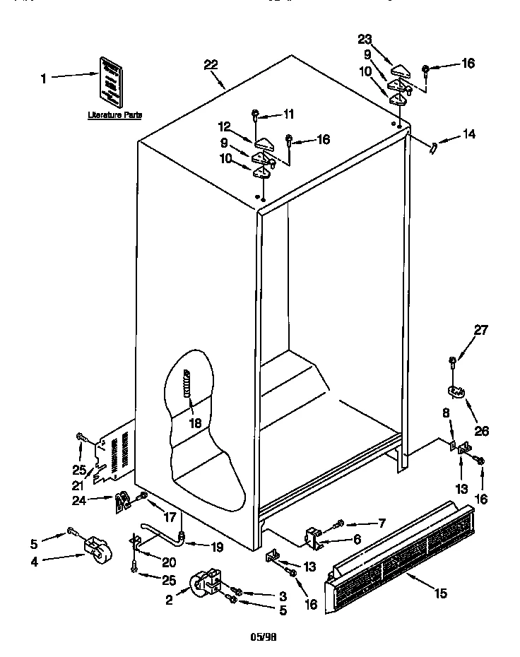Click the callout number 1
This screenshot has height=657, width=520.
point(44,78)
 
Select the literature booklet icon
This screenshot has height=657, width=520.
point(110,80)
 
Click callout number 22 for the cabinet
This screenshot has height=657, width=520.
point(211,64)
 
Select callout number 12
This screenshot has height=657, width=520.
point(225,127)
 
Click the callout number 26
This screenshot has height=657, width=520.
point(481,430)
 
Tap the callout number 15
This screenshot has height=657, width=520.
point(440,593)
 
